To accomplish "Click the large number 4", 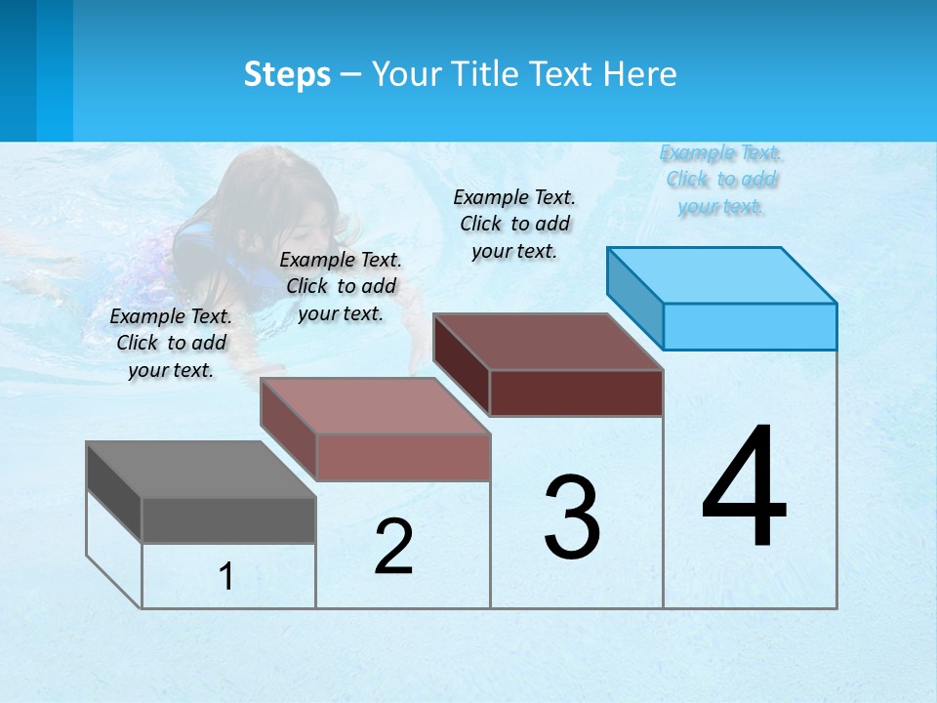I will point(745,488).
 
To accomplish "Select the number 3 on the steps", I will point(572,517).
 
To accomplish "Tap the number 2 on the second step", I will point(393,547).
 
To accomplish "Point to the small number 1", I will point(225,577).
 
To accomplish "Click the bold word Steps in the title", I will point(287,74).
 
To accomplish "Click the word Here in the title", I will point(639,74).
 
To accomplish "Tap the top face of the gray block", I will point(201,470).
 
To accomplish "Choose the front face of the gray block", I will point(228,519).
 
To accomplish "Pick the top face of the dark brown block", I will point(548,342).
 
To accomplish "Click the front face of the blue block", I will point(750,326).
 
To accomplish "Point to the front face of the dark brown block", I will point(576,393).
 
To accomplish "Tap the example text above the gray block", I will point(171,343).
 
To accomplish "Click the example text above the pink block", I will point(341,286).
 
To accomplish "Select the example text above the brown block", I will point(514,224).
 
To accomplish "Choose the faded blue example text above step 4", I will point(721,180).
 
